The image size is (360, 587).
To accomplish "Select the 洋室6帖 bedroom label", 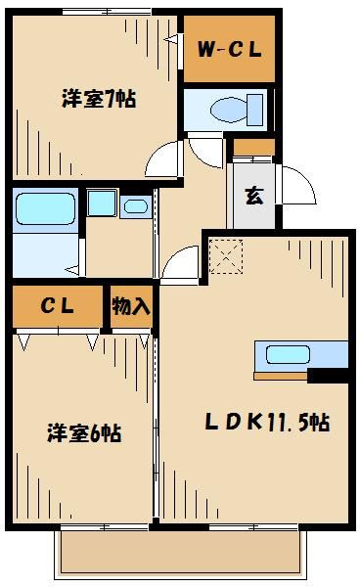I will coord(84,433).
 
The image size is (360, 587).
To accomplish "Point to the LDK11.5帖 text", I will coord(266,423).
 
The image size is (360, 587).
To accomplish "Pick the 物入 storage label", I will coord(130,306).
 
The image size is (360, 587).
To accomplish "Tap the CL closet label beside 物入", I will coord(57,306).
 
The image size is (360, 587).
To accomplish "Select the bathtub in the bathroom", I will coord(45,207).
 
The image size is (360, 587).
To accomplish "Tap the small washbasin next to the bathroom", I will coord(134,205).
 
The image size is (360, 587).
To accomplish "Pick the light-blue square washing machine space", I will coord(100,203).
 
